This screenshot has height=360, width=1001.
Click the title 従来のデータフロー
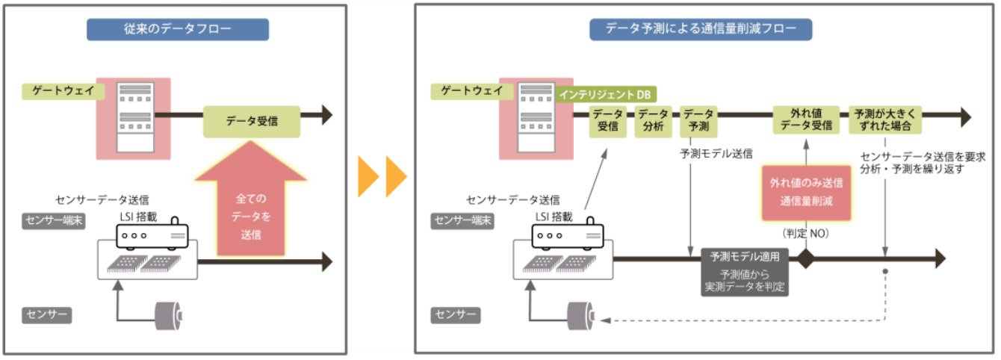[178, 29]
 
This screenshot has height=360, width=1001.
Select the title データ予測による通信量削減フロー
[701, 29]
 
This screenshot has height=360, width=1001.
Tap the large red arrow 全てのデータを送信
[251, 201]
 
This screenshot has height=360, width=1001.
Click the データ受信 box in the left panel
[252, 122]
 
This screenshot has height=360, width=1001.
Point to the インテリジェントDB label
[606, 95]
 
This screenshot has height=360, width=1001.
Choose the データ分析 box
[654, 121]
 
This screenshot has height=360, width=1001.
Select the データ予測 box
[698, 121]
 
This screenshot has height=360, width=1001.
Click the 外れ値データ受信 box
[806, 120]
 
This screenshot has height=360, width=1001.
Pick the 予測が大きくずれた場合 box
[885, 120]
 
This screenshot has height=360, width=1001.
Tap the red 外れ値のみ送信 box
[806, 193]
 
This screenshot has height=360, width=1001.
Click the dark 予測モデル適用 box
[745, 272]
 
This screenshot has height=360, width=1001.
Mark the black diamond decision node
[806, 258]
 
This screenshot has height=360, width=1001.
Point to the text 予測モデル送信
[716, 154]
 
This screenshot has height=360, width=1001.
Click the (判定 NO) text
[806, 233]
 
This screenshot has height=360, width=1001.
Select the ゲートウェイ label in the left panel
[63, 91]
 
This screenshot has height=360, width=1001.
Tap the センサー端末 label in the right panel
[462, 220]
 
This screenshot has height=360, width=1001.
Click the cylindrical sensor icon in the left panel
[169, 316]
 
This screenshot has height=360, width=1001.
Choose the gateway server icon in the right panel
[536, 118]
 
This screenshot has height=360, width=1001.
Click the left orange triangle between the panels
[368, 176]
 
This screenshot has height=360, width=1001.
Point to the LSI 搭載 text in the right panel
[554, 217]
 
